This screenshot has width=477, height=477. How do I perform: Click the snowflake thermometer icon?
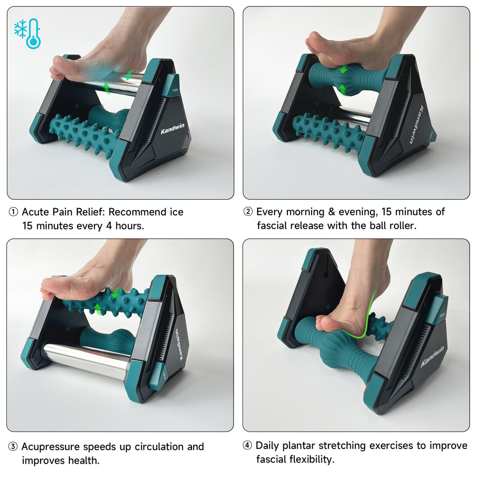point(27,33)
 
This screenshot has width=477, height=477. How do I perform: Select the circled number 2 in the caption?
point(248,212)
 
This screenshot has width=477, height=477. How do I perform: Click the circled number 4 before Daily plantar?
point(248,446)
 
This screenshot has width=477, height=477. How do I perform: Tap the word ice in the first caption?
point(175,212)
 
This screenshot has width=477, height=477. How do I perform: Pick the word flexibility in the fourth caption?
point(311,460)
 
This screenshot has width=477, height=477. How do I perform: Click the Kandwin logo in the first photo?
point(173,131)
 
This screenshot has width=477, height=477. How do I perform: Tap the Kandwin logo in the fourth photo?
point(432,356)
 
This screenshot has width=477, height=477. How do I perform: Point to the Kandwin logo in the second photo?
point(416,126)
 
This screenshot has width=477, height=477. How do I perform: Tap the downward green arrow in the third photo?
point(115,294)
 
